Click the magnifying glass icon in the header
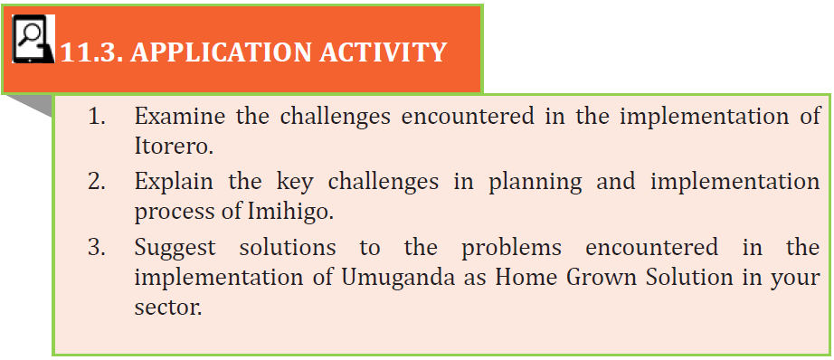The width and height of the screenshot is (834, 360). click(x=33, y=40)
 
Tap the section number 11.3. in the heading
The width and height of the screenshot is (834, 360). click(x=91, y=52)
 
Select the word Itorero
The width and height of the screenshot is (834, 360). click(x=174, y=147)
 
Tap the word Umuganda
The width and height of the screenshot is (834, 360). click(x=398, y=278)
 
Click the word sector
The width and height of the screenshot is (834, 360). click(x=168, y=308)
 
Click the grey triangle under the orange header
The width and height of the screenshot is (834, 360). click(x=37, y=104)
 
